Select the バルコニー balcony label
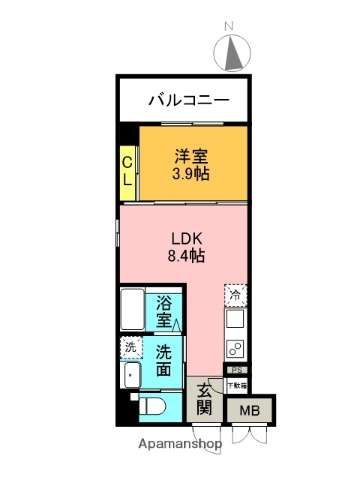(x=188, y=100)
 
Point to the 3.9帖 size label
(x=190, y=174)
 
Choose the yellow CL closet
(x=128, y=167)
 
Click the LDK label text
(x=186, y=239)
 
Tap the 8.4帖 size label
(x=186, y=258)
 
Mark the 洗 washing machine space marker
(x=130, y=348)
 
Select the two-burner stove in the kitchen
(x=236, y=349)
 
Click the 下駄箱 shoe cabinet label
(x=236, y=384)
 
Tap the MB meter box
(x=246, y=410)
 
